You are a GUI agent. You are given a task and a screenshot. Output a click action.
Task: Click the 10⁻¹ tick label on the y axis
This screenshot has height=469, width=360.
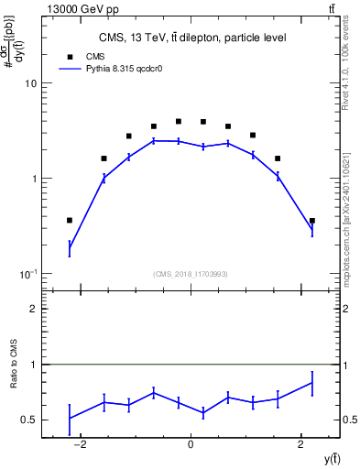[27, 275]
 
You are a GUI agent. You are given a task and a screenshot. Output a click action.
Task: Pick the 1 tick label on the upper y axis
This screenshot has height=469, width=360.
[33, 179]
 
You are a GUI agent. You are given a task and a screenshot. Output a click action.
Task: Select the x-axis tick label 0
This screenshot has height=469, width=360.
[191, 445]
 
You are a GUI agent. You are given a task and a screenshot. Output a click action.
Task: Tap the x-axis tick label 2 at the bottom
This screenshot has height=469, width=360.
[301, 445]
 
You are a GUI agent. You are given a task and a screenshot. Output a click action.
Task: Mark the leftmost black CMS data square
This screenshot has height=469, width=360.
[70, 220]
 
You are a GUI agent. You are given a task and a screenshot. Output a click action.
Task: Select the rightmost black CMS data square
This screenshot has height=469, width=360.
[312, 220]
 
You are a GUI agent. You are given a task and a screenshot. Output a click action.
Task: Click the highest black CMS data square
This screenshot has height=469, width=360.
[179, 121]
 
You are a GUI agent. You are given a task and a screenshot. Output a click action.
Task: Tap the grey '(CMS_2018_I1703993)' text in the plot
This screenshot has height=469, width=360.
[191, 274]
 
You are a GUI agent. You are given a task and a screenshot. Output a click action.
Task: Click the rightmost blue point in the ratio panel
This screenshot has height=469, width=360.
[312, 383]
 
